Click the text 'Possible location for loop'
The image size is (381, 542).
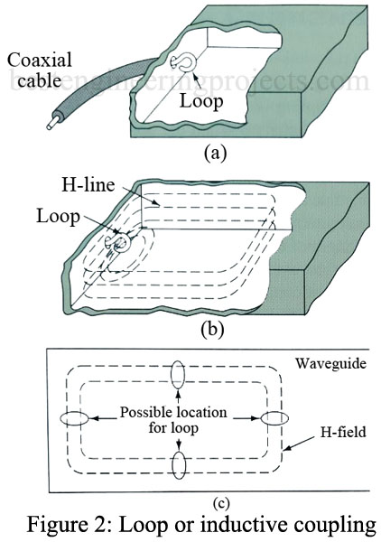tap(178, 418)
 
